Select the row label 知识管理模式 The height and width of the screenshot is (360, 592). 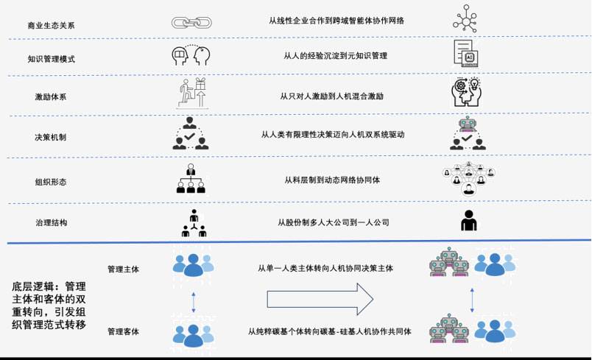pyautogui.click(x=51, y=60)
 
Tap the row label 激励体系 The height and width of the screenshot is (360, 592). pyautogui.click(x=51, y=97)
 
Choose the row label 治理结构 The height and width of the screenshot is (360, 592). pyautogui.click(x=51, y=222)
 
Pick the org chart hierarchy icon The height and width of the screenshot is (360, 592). pyautogui.click(x=191, y=179)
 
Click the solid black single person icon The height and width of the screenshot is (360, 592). pyautogui.click(x=468, y=220)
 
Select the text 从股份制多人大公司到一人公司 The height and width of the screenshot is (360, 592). pyautogui.click(x=333, y=222)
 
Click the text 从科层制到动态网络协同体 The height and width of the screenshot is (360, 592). pyautogui.click(x=333, y=180)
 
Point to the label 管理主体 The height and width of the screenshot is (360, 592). pyautogui.click(x=123, y=269)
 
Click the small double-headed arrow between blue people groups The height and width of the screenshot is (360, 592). pyautogui.click(x=193, y=300)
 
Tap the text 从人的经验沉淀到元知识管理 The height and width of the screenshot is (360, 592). pyautogui.click(x=335, y=56)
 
